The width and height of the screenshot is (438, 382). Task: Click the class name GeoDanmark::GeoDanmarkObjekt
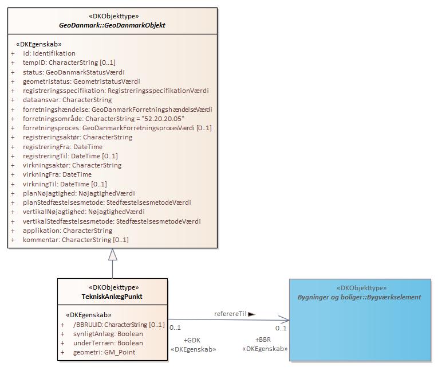point(112,25)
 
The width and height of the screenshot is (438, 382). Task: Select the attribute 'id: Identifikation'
point(49,53)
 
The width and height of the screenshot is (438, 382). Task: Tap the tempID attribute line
point(69,63)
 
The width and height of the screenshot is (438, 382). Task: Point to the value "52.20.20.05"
point(163,119)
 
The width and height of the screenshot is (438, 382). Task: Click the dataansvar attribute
point(67,100)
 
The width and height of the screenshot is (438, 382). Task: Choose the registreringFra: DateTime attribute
point(62,147)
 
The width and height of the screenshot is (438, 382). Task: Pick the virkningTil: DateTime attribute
point(65,184)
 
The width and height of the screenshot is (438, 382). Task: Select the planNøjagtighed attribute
point(79,193)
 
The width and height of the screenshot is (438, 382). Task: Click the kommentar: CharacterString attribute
point(76,240)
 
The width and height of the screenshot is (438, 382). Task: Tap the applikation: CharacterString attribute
point(68,231)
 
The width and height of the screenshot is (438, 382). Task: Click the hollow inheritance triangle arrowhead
point(113,255)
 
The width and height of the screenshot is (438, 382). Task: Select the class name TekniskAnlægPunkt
point(112,297)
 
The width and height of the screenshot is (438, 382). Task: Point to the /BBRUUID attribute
point(119,325)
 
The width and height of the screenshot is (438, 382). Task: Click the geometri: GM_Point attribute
point(104,352)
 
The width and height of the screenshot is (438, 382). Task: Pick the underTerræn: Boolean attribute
point(108,343)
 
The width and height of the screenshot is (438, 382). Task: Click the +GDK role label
point(192,340)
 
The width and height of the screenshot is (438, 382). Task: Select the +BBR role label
point(263,340)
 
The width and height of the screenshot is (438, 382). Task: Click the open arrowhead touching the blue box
point(284,320)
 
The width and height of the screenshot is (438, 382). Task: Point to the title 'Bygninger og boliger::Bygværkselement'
point(359,297)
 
